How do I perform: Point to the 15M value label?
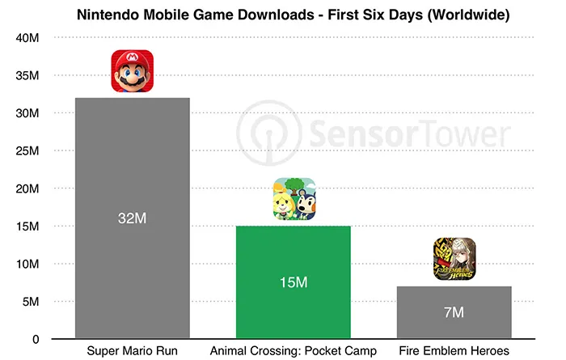(x=294, y=283)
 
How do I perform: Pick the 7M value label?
(x=454, y=312)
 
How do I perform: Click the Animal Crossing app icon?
(x=294, y=198)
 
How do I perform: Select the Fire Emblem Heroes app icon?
(x=454, y=260)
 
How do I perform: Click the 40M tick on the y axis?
(x=27, y=38)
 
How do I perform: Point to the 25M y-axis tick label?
(x=27, y=151)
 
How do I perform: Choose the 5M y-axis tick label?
(x=30, y=302)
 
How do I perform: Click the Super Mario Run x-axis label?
(x=132, y=350)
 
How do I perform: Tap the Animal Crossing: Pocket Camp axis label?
(x=294, y=350)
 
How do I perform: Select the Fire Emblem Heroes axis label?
(x=454, y=350)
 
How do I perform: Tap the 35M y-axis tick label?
(x=27, y=76)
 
